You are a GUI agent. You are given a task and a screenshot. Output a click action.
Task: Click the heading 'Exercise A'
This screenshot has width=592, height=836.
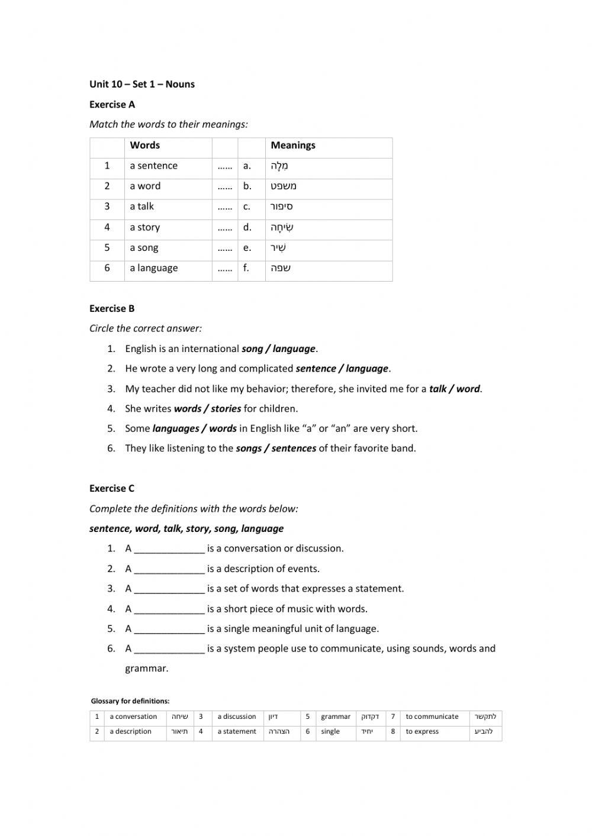tap(112, 105)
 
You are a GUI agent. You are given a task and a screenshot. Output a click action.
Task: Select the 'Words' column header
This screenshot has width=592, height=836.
tap(144, 146)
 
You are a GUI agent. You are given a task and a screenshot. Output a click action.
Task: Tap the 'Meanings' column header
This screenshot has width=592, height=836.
tap(292, 146)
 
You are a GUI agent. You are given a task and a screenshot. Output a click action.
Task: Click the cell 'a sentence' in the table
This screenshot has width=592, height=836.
tap(153, 166)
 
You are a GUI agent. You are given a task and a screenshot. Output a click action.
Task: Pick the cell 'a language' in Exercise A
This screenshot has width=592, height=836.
tap(153, 268)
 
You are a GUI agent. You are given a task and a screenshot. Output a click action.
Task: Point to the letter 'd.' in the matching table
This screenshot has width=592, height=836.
tap(247, 227)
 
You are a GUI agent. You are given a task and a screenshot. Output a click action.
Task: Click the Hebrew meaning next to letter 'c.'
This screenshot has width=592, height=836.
tap(281, 206)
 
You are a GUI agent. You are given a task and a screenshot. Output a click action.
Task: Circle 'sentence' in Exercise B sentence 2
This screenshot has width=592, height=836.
tap(316, 369)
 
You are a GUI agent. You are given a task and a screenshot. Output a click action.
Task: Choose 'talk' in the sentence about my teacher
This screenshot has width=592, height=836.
tap(437, 389)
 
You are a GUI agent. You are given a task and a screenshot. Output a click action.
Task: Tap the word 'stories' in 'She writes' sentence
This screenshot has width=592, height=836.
tap(226, 409)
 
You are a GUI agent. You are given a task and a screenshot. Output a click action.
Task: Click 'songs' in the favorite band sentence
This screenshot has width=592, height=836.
tap(249, 448)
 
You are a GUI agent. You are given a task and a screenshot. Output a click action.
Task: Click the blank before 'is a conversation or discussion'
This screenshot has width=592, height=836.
tap(169, 549)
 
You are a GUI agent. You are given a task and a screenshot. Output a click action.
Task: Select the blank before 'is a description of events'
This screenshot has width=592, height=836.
tap(169, 569)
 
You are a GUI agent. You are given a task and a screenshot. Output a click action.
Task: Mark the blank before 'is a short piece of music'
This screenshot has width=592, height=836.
tap(169, 609)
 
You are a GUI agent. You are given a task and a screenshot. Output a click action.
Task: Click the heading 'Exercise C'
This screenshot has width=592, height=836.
tap(112, 489)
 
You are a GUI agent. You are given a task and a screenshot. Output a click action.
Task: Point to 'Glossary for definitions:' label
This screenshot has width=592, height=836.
tap(130, 701)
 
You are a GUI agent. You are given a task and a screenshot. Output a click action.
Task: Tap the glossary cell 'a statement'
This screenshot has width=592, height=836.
tap(237, 732)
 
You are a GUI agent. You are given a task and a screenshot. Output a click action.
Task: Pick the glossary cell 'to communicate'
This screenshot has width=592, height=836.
tap(432, 716)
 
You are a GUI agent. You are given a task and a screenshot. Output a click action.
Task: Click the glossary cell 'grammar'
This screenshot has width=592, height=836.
tap(336, 716)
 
